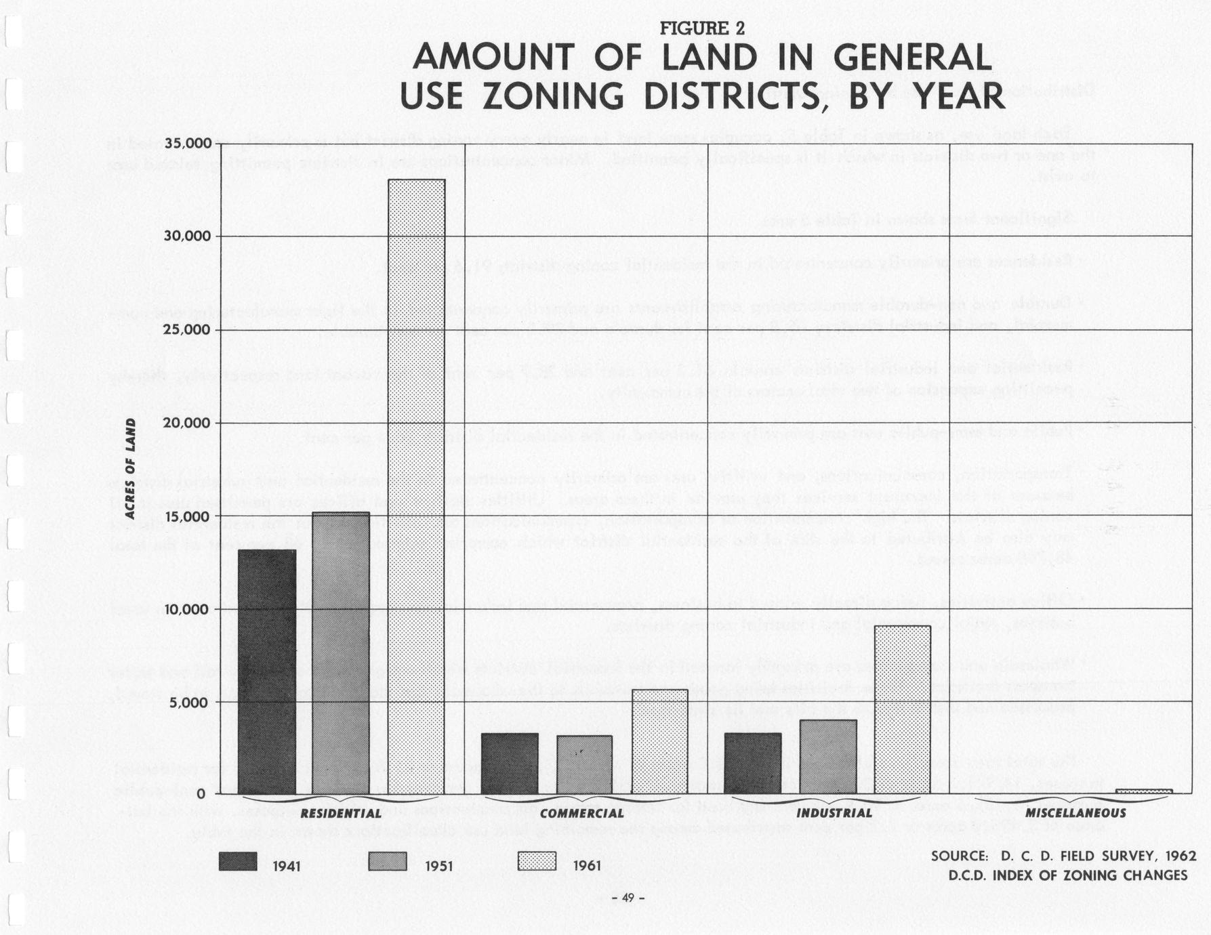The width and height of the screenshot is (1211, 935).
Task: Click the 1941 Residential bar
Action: point(267,671)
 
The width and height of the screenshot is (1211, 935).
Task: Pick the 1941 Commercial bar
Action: point(510,763)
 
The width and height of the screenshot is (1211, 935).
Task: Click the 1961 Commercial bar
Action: point(659,741)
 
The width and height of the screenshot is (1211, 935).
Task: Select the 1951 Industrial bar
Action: point(828,756)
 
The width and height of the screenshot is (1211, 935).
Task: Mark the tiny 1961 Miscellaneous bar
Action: point(1143,791)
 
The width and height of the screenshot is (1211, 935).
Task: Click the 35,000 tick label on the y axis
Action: point(188,144)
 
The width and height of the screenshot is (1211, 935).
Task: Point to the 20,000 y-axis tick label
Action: point(188,423)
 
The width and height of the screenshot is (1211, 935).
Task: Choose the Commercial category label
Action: point(582,813)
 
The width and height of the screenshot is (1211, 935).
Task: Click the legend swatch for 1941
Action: point(238,861)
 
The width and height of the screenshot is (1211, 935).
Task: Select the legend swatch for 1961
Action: point(537,861)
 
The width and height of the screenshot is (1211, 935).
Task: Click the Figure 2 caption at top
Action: point(702,28)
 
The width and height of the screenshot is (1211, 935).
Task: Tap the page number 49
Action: point(628,898)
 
